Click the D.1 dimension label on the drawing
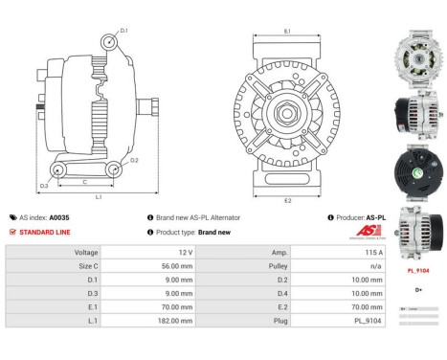click(x=123, y=32)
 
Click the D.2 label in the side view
click(x=134, y=160)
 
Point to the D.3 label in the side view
click(x=44, y=185)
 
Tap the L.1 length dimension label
click(x=99, y=197)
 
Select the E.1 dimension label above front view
click(x=288, y=32)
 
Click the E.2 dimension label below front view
click(x=288, y=201)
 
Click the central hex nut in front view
click(x=287, y=115)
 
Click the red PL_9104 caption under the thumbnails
click(x=418, y=271)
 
